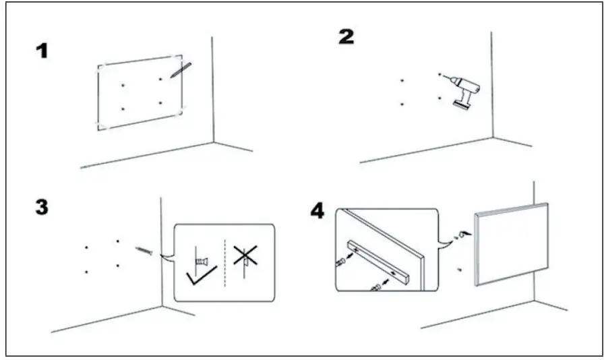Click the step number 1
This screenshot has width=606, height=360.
point(42,51)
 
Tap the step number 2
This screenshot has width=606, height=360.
point(346,37)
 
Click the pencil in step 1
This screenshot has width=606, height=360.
point(180,70)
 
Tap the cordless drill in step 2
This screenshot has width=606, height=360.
point(461,92)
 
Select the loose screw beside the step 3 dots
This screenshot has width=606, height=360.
point(144,251)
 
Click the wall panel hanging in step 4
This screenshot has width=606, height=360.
point(512,243)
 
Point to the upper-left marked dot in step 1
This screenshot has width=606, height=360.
point(122,85)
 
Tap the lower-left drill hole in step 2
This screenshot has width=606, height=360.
point(402,104)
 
